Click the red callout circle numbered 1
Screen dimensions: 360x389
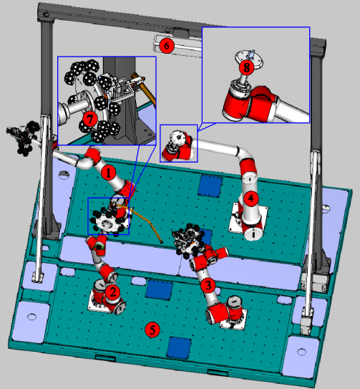(x=108, y=173)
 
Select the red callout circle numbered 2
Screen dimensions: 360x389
(x=113, y=292)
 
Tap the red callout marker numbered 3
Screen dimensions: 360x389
(x=208, y=285)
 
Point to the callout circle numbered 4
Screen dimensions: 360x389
(x=251, y=198)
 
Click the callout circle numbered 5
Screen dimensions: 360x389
(x=152, y=330)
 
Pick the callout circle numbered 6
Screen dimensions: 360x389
(x=167, y=46)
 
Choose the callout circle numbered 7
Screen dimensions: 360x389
(x=89, y=119)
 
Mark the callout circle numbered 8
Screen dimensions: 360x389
(x=246, y=67)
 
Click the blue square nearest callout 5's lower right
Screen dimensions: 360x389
(x=179, y=348)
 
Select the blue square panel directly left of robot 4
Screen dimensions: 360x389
(x=210, y=186)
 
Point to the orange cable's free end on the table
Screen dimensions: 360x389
(x=161, y=241)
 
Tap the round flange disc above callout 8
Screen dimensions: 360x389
(x=249, y=59)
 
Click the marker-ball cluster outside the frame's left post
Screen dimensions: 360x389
(x=24, y=138)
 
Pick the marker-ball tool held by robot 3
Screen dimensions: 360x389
(x=188, y=239)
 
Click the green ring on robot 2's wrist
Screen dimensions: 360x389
(x=99, y=246)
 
